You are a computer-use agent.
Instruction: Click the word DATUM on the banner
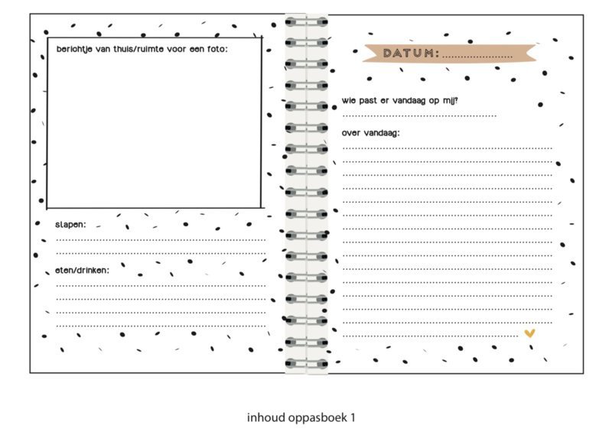(x=409, y=53)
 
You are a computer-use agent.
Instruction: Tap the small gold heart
(x=529, y=333)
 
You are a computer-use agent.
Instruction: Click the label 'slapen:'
(x=70, y=225)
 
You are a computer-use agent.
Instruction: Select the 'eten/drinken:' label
(x=83, y=271)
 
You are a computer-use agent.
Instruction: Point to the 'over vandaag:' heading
(x=371, y=133)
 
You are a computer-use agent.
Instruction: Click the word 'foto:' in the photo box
(x=217, y=49)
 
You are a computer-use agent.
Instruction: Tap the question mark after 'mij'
(x=456, y=100)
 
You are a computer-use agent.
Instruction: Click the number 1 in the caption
(x=353, y=417)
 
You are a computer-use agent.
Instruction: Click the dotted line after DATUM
(x=477, y=57)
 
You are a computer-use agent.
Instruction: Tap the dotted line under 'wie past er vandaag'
(x=419, y=116)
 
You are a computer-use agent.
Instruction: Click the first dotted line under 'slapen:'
(x=161, y=240)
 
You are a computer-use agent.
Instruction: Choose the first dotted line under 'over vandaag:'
(x=448, y=148)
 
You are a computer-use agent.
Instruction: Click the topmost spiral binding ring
(x=307, y=22)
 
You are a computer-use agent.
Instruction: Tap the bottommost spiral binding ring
(x=307, y=364)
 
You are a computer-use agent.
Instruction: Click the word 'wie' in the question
(x=349, y=100)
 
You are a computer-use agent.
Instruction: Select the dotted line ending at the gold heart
(x=431, y=336)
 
